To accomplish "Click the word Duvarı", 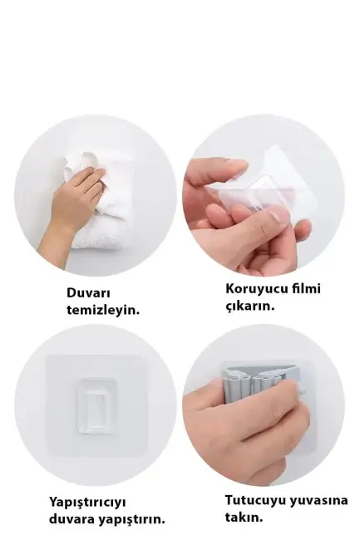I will click(x=88, y=292).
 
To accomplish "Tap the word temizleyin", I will click(x=103, y=310).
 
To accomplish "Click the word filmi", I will click(x=304, y=289).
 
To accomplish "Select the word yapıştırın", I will click(x=134, y=520).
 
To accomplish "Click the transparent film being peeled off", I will click(x=266, y=187).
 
